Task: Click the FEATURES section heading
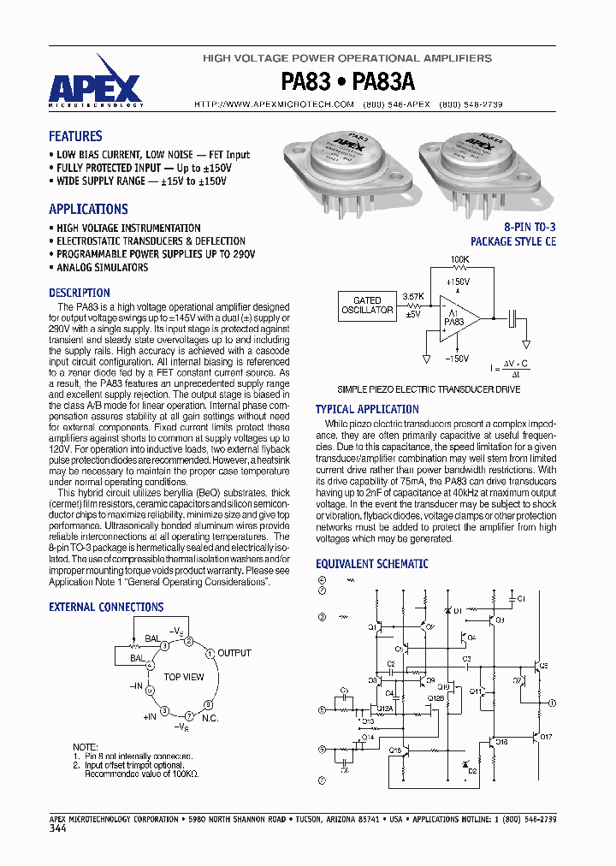[75, 136]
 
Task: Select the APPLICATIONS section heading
[88, 209]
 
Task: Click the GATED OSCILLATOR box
[367, 305]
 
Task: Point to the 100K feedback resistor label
[459, 258]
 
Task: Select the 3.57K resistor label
[412, 294]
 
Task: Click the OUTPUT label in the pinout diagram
[234, 653]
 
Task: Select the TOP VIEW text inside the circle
[184, 677]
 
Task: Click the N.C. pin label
[210, 718]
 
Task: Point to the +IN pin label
[150, 715]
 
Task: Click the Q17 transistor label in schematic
[547, 737]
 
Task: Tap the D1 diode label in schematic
[458, 610]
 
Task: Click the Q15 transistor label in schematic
[395, 750]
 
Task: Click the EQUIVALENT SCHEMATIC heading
[371, 564]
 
